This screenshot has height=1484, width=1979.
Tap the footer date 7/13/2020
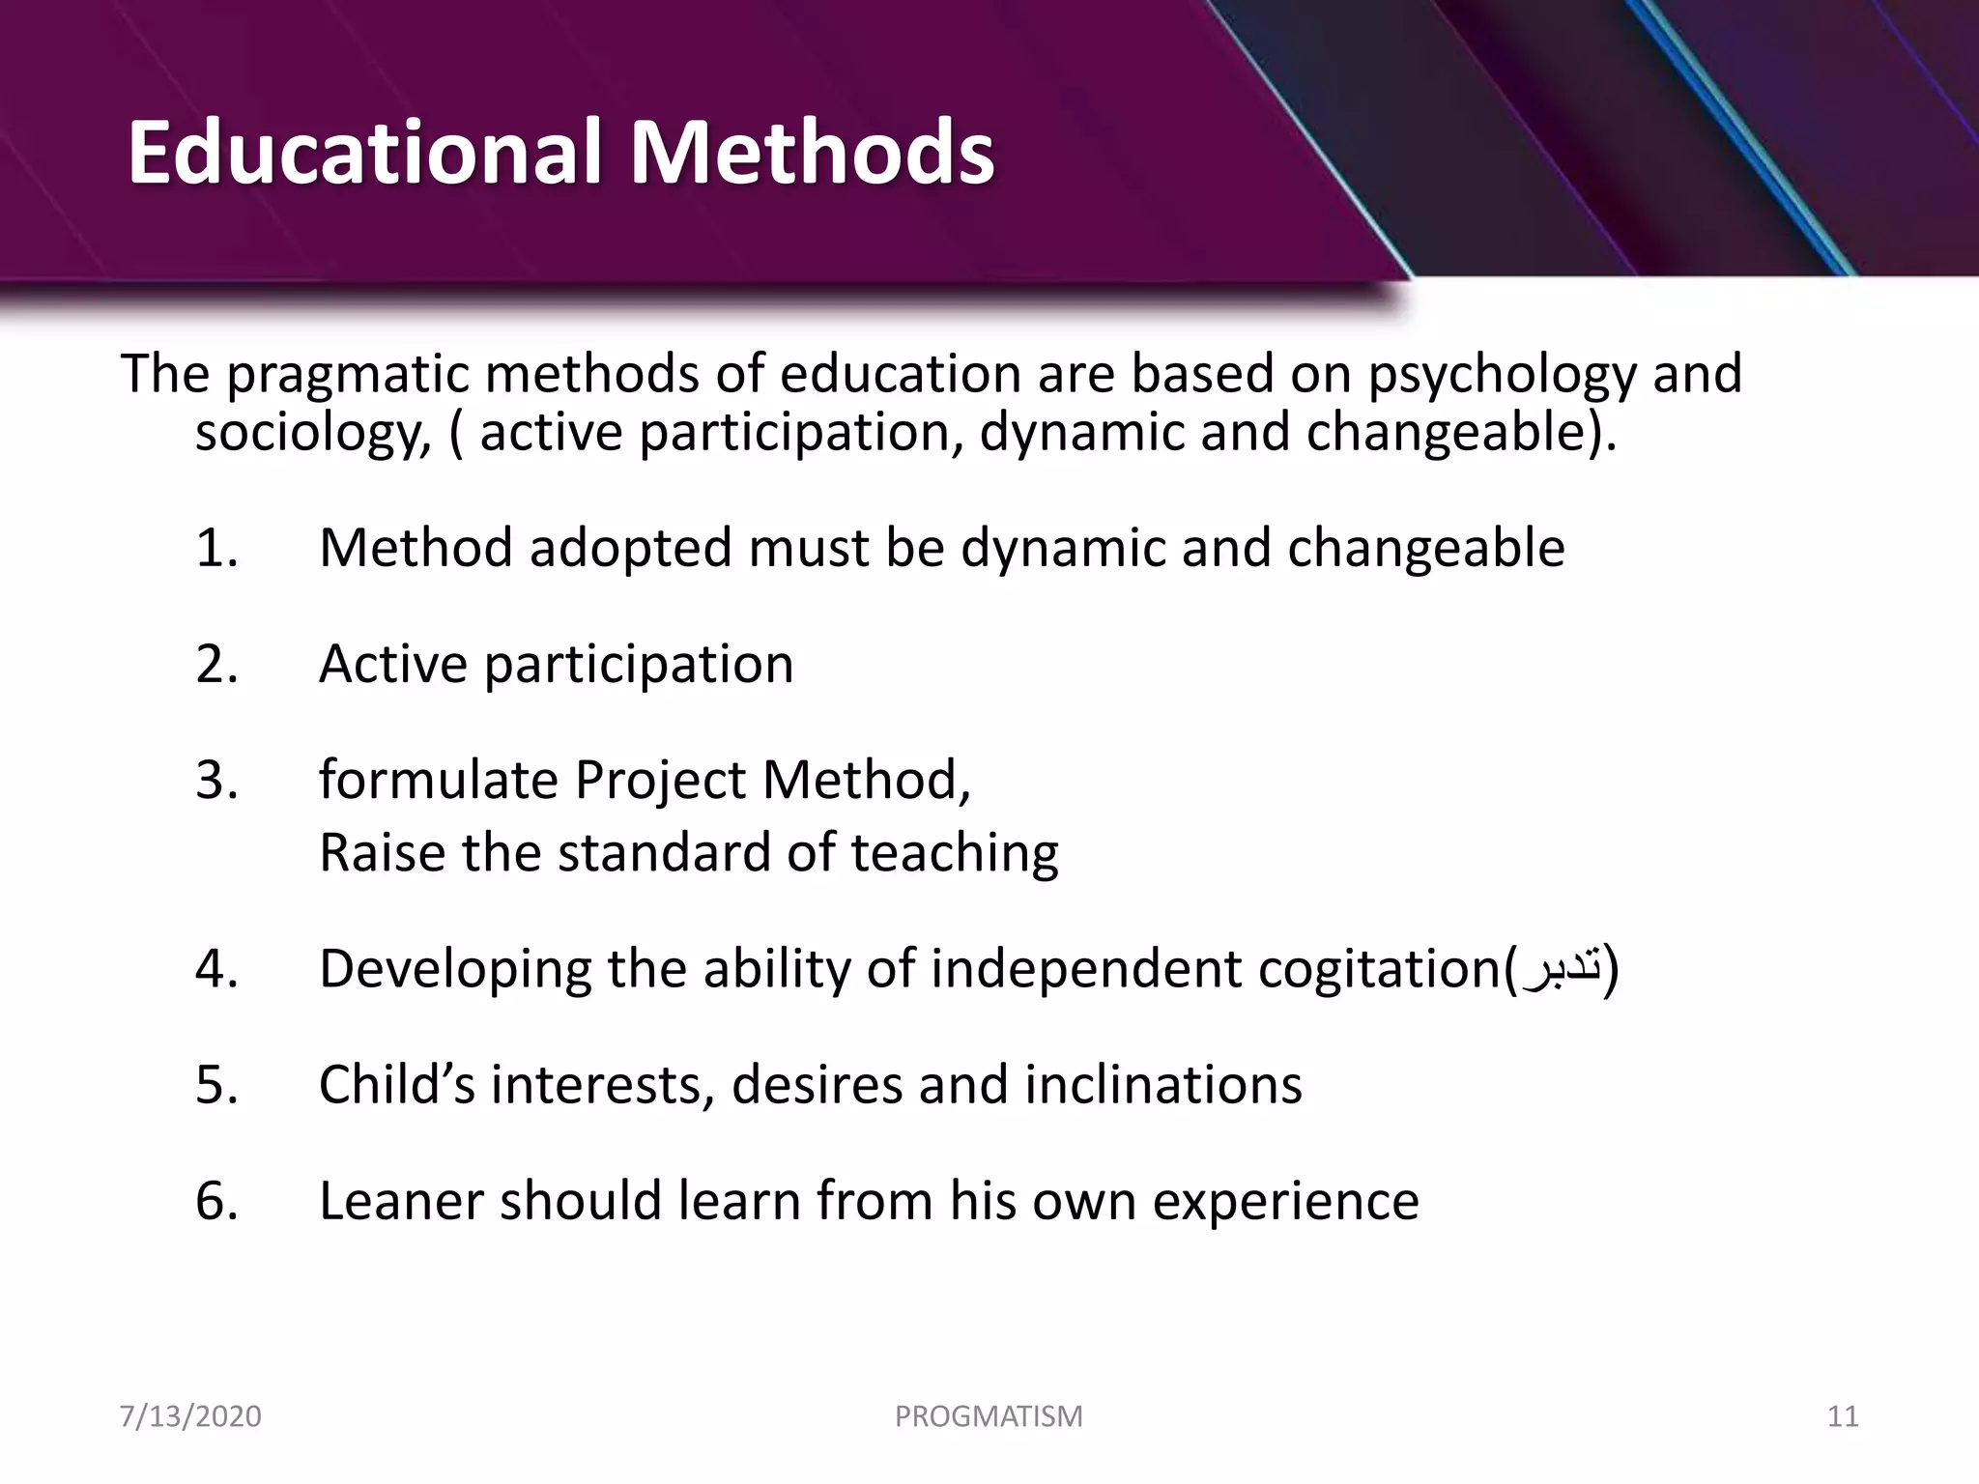tap(190, 1416)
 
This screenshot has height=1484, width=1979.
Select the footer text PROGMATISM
tap(989, 1416)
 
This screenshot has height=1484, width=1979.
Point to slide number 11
tap(1843, 1416)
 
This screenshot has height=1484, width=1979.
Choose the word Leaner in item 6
tap(401, 1201)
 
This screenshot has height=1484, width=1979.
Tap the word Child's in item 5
tap(396, 1084)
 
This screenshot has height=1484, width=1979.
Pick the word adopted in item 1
tap(631, 550)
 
